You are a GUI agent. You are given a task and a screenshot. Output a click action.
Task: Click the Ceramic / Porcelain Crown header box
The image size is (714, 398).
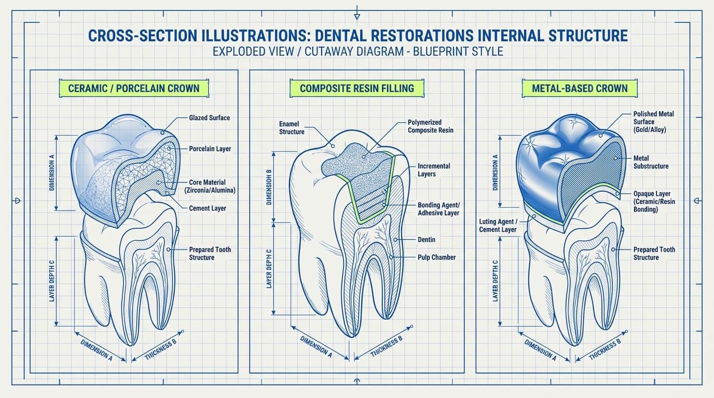click(x=134, y=88)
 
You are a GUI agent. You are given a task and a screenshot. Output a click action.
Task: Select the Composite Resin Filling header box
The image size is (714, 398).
click(x=357, y=88)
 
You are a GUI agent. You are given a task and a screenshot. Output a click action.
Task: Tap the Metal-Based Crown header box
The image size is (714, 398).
click(x=580, y=88)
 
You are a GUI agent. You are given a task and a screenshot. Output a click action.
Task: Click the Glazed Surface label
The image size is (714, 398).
click(x=210, y=118)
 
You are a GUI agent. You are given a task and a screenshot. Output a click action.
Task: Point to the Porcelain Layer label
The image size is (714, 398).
click(x=210, y=149)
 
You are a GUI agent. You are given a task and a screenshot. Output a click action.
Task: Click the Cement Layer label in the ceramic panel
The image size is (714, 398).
click(x=208, y=208)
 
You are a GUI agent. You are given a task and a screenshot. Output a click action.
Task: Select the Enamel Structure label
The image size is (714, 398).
click(x=292, y=127)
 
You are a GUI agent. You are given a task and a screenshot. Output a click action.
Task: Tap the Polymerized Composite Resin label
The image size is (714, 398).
click(x=430, y=126)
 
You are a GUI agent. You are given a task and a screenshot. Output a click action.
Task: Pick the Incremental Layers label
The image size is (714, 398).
click(x=434, y=170)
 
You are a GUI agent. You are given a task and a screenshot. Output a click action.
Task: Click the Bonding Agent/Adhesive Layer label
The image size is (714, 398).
click(x=438, y=209)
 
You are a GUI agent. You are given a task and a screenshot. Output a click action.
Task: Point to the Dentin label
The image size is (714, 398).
click(x=427, y=239)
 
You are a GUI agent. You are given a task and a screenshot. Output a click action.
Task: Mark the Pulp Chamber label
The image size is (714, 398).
click(x=437, y=257)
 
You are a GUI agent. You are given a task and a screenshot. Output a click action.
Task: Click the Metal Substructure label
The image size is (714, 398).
click(x=651, y=162)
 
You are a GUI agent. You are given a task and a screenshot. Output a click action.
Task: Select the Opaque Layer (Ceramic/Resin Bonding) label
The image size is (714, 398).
click(x=654, y=202)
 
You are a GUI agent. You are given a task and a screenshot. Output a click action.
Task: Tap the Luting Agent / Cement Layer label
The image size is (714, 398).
click(x=498, y=225)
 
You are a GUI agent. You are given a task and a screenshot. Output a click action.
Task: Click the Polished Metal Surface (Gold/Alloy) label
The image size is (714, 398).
click(x=653, y=122)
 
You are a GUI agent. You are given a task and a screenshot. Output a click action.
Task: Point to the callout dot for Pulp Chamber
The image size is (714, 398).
click(x=391, y=257)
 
